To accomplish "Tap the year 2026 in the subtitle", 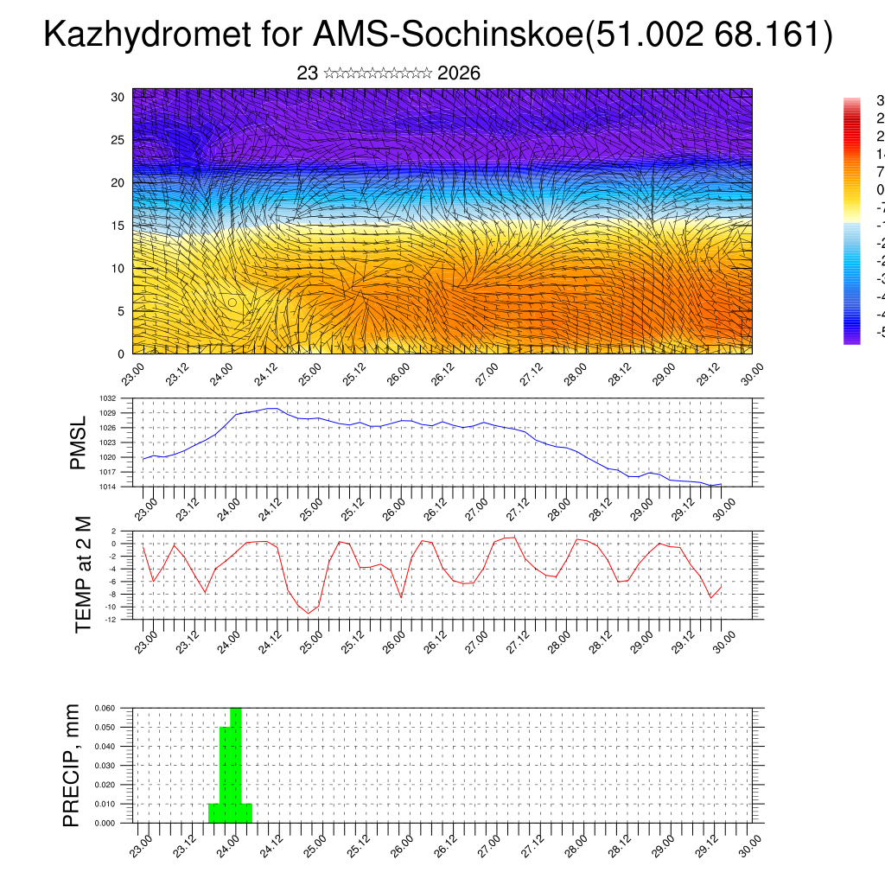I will [459, 73].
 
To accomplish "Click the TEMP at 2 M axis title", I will [83, 574].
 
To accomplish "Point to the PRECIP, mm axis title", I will [72, 766].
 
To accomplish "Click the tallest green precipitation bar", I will [236, 765].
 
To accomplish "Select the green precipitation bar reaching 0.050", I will [225, 774].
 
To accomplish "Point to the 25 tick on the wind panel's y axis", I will [118, 139].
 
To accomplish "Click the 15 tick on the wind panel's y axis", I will [118, 226].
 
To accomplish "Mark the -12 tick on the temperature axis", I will [111, 619].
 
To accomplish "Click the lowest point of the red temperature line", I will [308, 614].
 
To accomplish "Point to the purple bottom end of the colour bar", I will [851, 338].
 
